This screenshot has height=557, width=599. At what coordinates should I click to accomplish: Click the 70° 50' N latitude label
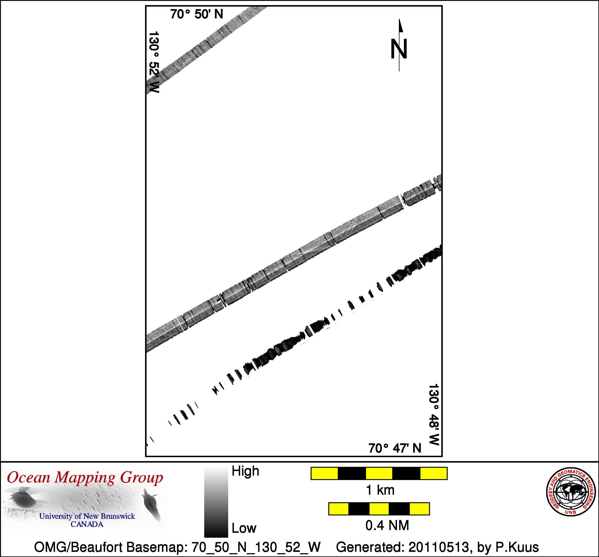pyautogui.click(x=197, y=14)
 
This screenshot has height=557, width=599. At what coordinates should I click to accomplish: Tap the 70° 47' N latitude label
pyautogui.click(x=395, y=448)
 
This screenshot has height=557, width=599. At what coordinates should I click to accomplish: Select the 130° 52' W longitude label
pyautogui.click(x=154, y=62)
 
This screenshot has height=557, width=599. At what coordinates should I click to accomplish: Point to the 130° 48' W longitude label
pyautogui.click(x=434, y=415)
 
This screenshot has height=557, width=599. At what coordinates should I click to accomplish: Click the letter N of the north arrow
pyautogui.click(x=399, y=49)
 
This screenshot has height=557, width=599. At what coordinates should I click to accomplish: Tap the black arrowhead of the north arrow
pyautogui.click(x=401, y=25)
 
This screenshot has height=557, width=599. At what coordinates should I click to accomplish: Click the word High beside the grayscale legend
pyautogui.click(x=245, y=471)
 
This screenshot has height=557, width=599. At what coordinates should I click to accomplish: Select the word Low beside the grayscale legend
pyautogui.click(x=244, y=528)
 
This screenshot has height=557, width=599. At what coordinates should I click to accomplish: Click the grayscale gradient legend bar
pyautogui.click(x=216, y=502)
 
